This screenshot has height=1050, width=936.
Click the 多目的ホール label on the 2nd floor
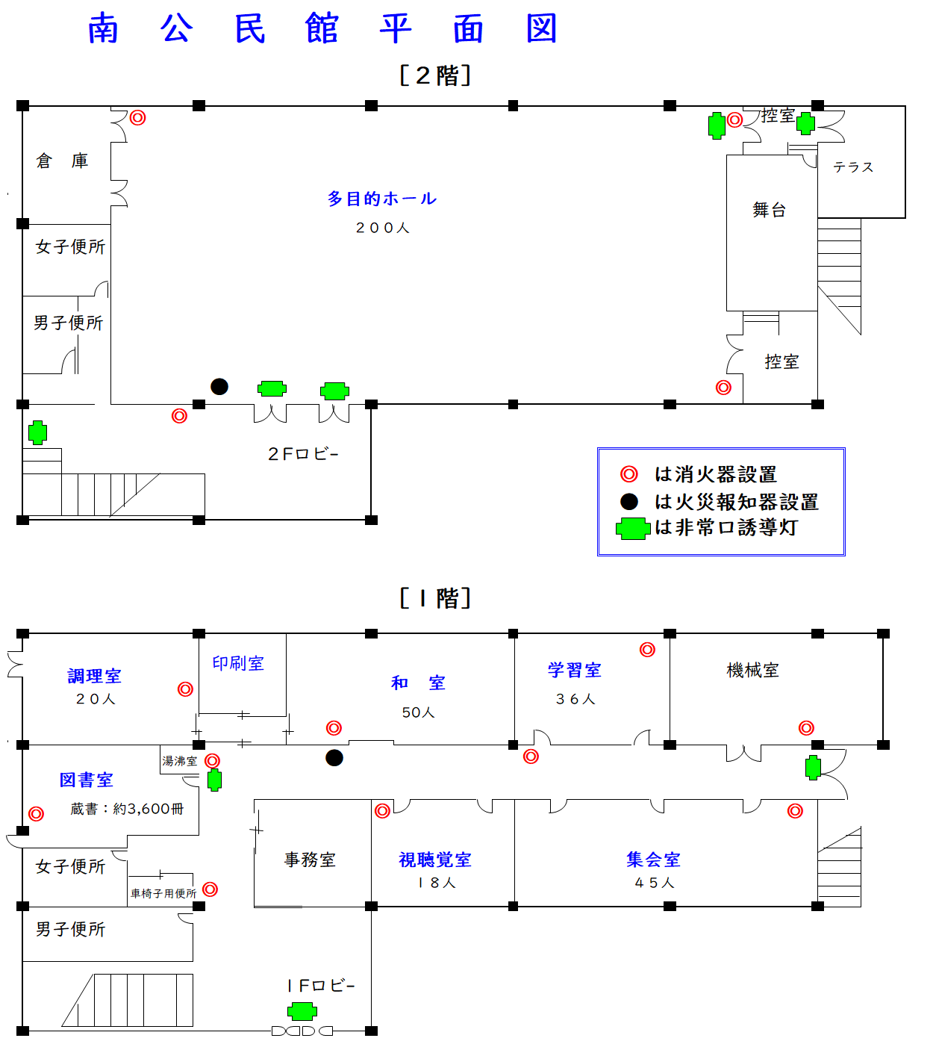pos(381,199)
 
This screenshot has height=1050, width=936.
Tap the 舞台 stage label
pos(770,210)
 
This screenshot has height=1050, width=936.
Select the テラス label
pos(853,167)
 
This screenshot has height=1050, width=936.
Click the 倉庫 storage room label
pos(63,161)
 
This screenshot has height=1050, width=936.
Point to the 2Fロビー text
pos(303,454)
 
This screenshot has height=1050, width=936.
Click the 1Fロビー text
pos(320,986)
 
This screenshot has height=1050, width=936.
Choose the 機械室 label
pos(752,671)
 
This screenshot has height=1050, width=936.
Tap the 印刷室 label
pos(238,663)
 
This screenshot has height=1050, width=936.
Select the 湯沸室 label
pos(180,761)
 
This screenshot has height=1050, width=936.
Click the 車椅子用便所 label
pos(163,893)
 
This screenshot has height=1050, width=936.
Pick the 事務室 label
pos(310,860)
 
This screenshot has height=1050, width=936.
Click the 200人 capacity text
pos(382,228)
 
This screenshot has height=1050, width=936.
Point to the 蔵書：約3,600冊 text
pos(127,809)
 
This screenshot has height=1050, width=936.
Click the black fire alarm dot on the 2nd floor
pos(219,386)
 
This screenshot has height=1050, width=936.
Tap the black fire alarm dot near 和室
pos(334,758)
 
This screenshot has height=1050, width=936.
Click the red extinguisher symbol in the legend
pos(629,474)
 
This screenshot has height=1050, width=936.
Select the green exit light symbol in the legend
pos(633,529)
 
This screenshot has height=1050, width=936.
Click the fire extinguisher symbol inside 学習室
pos(647,650)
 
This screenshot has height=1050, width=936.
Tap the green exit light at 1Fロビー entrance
pos(302,1012)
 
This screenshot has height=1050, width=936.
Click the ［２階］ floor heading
pos(435,75)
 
